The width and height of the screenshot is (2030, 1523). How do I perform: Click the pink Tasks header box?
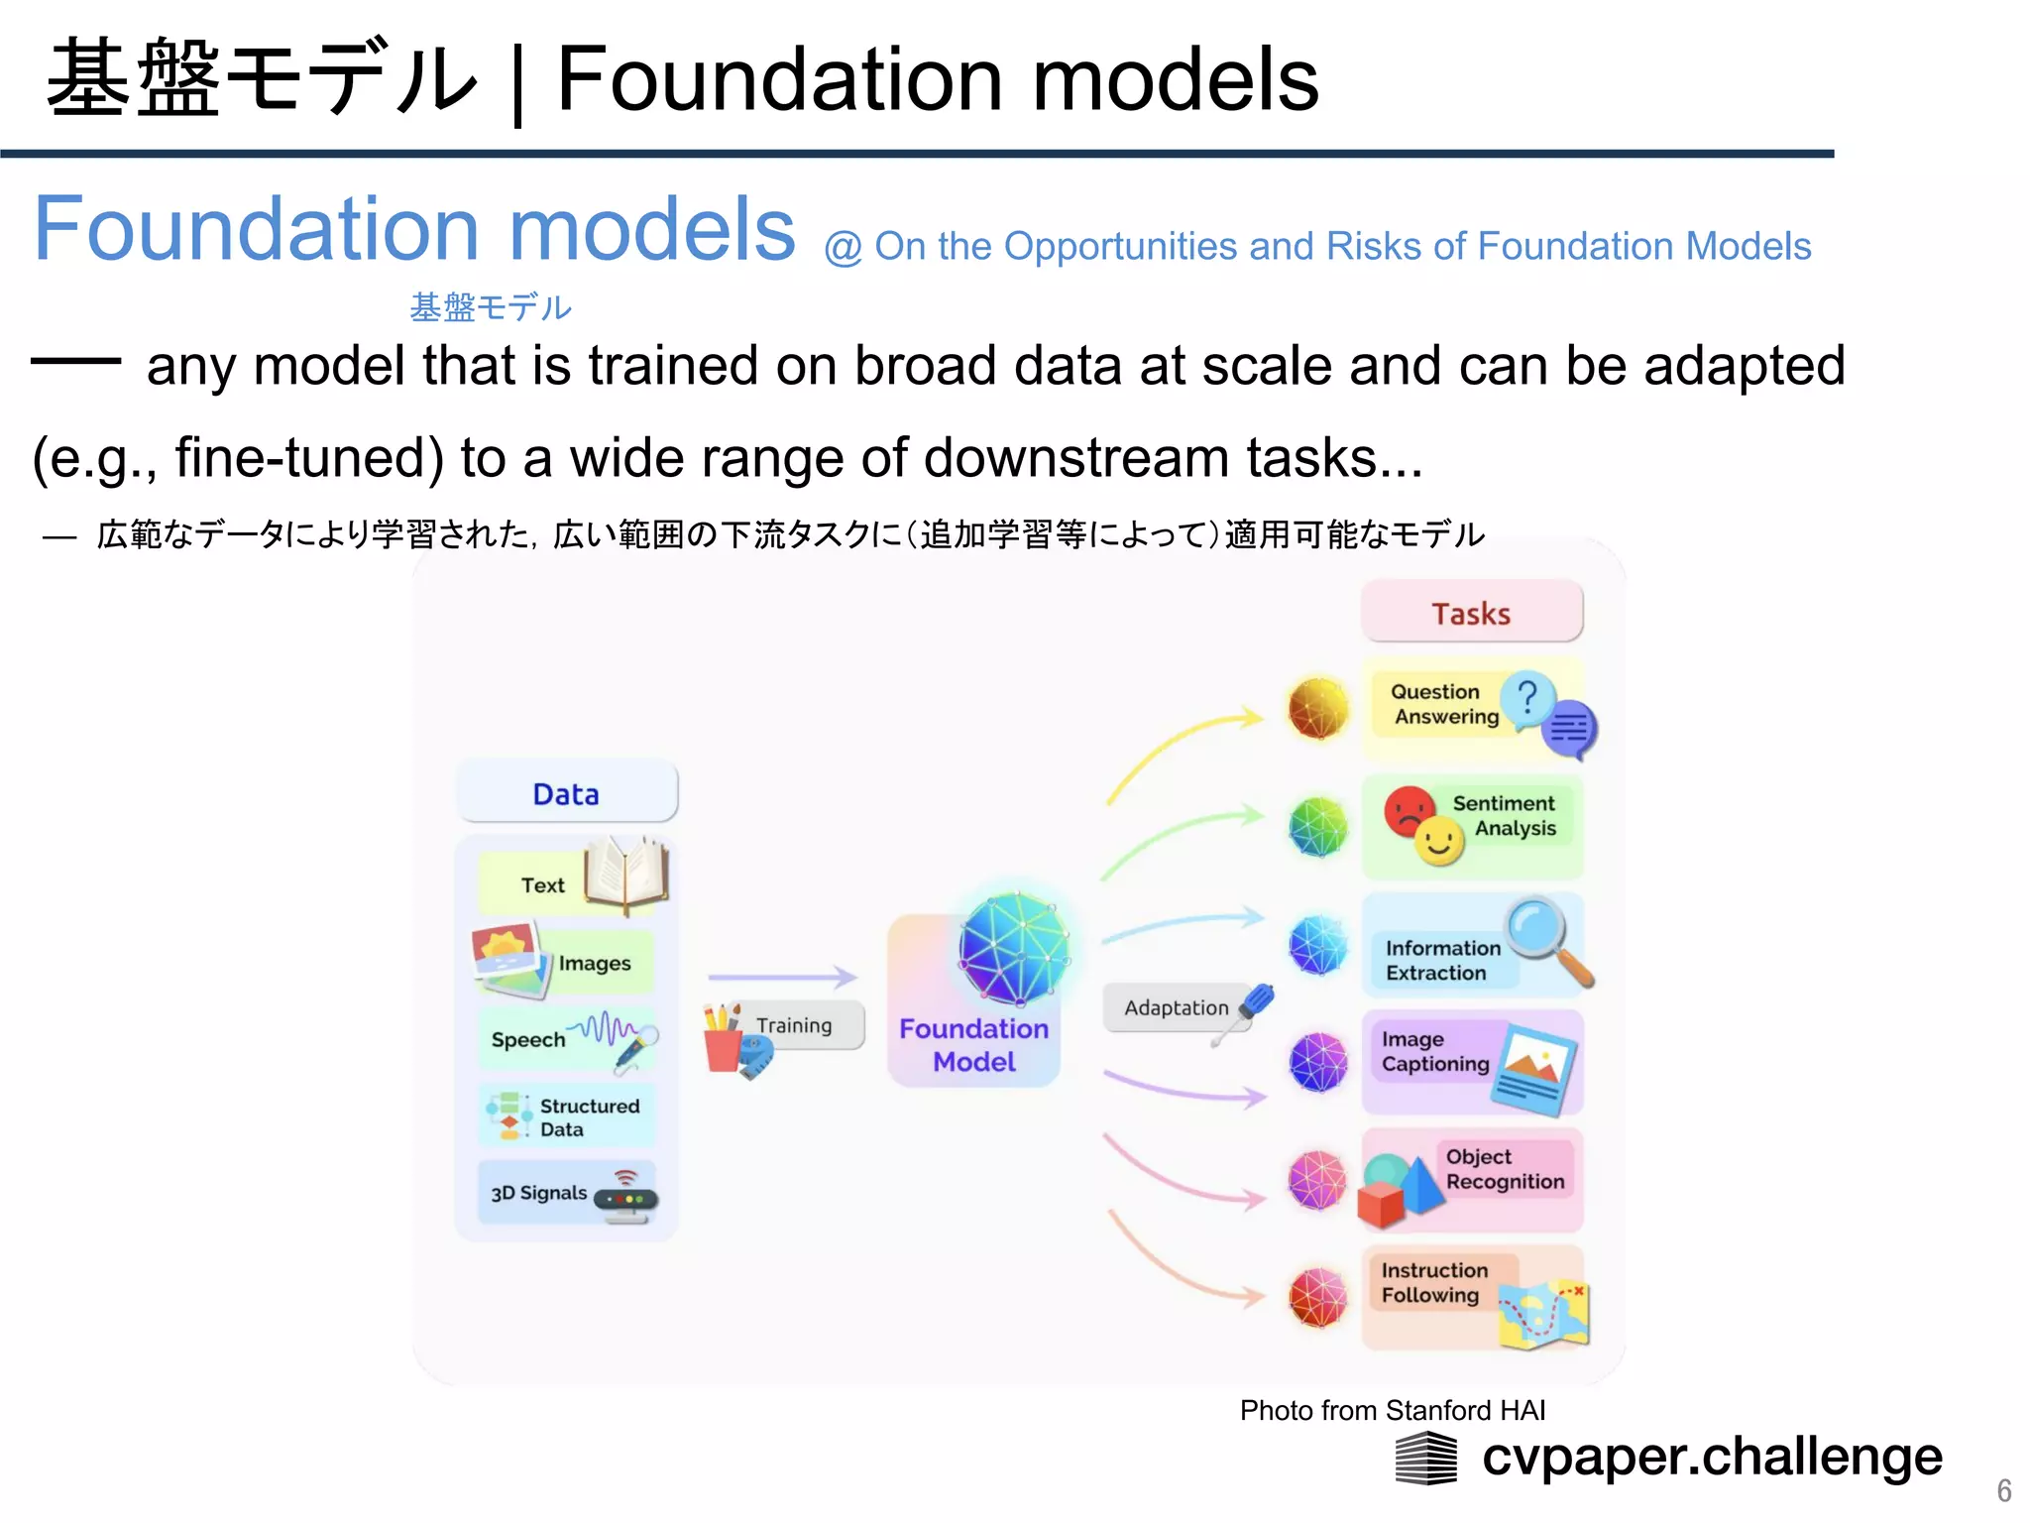coord(1471,613)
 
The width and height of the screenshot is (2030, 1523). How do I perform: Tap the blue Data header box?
coord(566,793)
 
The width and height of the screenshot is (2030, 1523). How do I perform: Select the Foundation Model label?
coord(973,1045)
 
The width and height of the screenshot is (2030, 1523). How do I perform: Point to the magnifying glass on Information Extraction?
coord(1546,937)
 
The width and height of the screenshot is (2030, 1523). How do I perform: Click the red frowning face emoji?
coord(1408,810)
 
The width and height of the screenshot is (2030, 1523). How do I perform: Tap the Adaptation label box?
coord(1176,1007)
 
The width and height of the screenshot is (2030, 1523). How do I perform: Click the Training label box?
coord(795,1025)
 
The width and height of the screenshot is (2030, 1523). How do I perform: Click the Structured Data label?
coord(589,1117)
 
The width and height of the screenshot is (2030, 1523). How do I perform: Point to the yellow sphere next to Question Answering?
coord(1318,708)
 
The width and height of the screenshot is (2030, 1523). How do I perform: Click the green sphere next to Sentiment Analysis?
coord(1318,826)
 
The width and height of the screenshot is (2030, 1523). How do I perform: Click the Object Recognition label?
coord(1505,1169)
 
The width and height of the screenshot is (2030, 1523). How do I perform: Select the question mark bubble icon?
coord(1527,698)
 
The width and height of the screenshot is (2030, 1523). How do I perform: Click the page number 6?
coord(2003,1490)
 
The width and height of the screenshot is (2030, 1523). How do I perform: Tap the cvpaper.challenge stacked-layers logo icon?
coord(1425,1459)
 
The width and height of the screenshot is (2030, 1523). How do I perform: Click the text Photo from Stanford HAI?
coord(1392,1410)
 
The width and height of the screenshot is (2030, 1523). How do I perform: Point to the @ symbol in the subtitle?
coord(843,248)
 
